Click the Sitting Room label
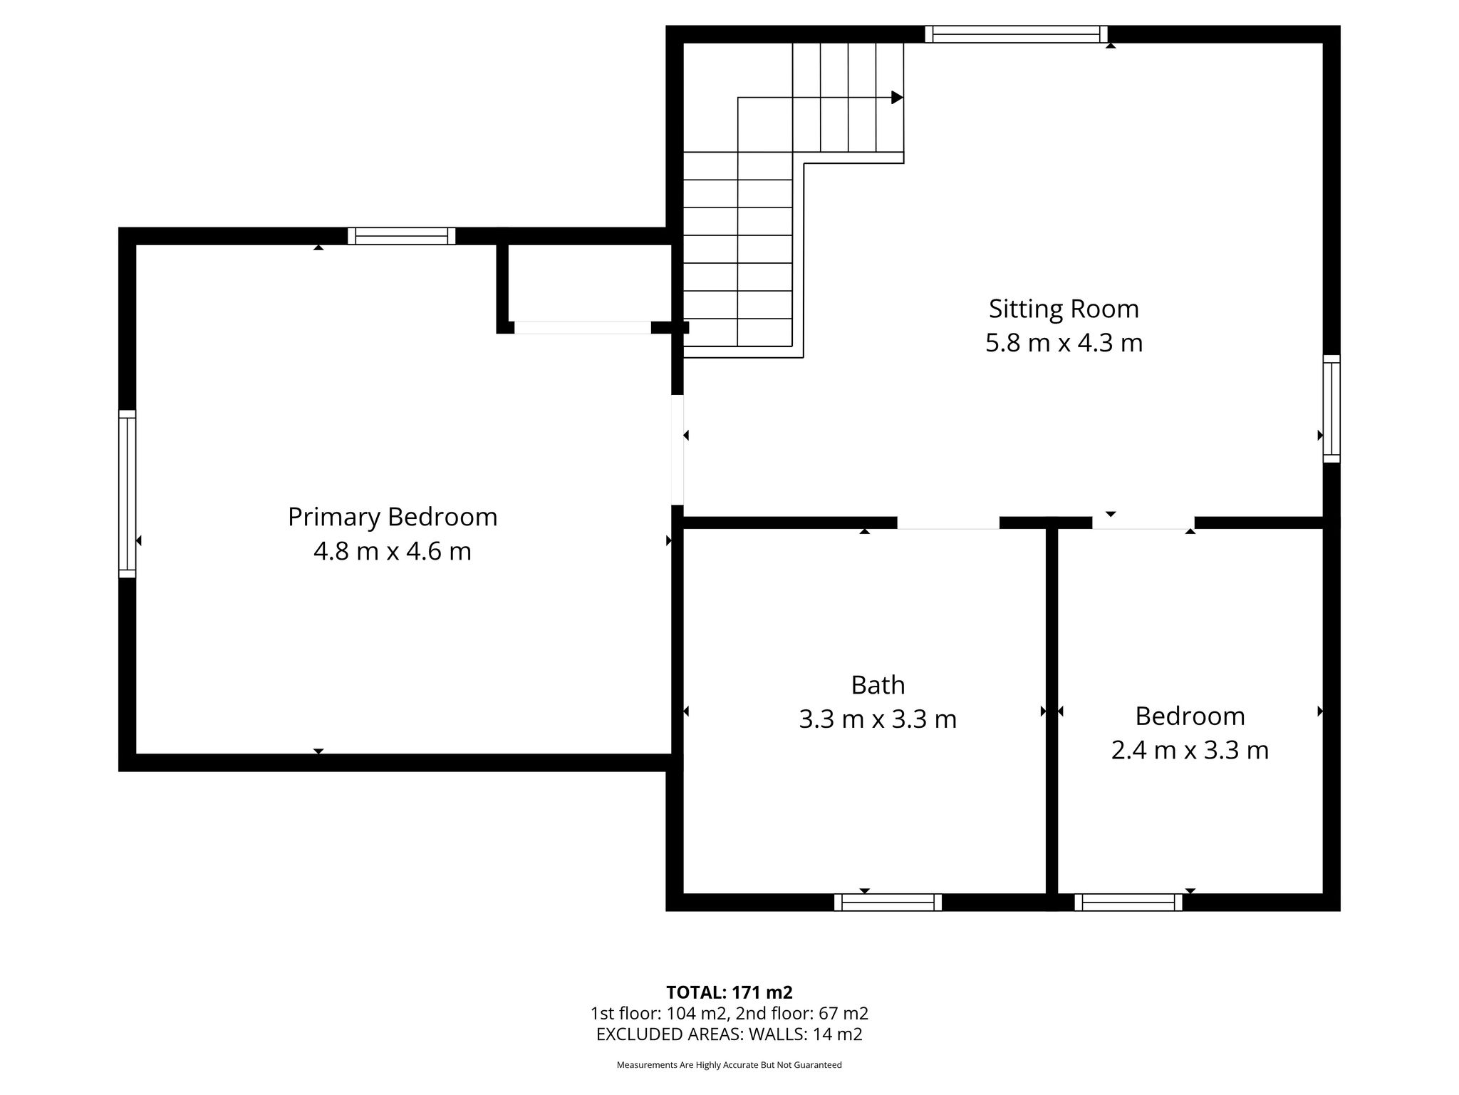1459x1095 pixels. tap(1064, 309)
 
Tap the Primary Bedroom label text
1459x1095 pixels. tap(393, 518)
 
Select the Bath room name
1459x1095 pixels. tap(878, 685)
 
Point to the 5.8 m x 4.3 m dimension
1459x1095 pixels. tap(1064, 344)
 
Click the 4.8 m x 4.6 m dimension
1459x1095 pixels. tap(393, 552)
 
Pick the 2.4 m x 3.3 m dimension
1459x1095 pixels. tap(1190, 751)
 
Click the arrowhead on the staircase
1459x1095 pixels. tap(898, 98)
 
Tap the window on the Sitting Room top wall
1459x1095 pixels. tap(1017, 34)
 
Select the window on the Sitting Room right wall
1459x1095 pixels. tap(1331, 408)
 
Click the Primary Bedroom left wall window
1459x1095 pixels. tap(127, 493)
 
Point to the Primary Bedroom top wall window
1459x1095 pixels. tap(402, 236)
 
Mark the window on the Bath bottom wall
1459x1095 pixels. tap(888, 903)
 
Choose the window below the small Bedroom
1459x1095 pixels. tap(1128, 903)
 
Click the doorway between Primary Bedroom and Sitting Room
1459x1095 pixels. tap(677, 450)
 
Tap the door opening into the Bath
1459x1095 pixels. tap(948, 523)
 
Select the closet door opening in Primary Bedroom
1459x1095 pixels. tap(583, 328)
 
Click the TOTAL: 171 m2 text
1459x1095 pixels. tap(729, 992)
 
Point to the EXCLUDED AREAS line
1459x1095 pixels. tap(729, 1034)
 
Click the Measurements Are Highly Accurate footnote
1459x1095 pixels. tap(729, 1065)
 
